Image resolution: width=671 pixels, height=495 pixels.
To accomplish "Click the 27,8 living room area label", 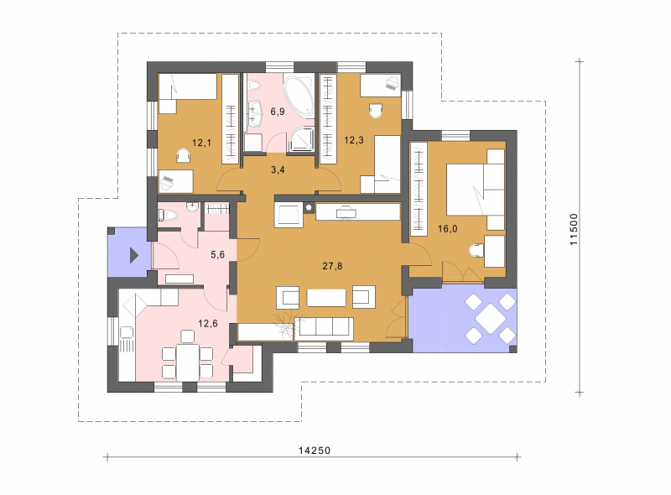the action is [332, 266].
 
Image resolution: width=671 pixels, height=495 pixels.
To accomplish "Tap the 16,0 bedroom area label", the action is [447, 229].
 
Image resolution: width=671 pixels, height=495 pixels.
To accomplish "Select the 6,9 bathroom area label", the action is [278, 112].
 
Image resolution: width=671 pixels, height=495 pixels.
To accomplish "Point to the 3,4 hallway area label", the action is [278, 169].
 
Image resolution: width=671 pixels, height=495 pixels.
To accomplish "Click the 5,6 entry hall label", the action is [217, 255].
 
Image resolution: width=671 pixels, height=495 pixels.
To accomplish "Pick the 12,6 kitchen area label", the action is [207, 323].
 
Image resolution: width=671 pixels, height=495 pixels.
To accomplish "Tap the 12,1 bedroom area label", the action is [201, 143].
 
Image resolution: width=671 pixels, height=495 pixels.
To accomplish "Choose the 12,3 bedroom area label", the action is [354, 139].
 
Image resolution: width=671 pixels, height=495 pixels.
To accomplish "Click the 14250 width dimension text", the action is [315, 450].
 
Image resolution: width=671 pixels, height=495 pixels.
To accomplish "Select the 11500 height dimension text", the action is [574, 230].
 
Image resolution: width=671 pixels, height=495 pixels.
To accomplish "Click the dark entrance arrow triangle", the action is [134, 256].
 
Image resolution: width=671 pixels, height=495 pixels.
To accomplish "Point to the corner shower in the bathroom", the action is [302, 140].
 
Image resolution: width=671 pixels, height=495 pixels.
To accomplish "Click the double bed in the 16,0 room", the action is [475, 190].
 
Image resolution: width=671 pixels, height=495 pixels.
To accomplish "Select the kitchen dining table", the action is [187, 362].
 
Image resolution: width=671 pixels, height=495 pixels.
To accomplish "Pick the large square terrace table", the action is [490, 318].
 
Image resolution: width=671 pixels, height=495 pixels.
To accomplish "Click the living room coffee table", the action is [326, 298].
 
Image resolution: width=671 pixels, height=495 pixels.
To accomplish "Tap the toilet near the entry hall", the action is [167, 215].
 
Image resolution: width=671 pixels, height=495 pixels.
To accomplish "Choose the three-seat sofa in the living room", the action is [324, 328].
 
